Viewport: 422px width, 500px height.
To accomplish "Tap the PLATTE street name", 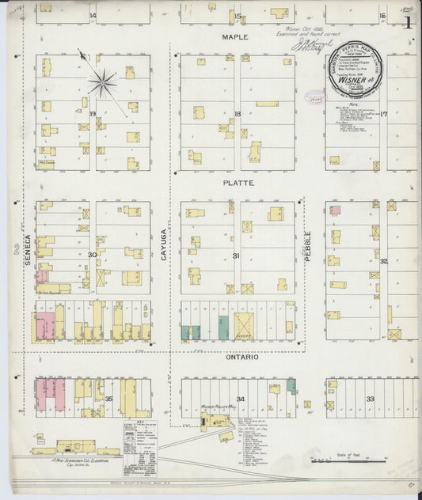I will point(238,183).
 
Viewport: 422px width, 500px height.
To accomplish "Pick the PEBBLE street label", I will point(309,245).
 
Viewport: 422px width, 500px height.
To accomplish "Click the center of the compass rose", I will point(102,81).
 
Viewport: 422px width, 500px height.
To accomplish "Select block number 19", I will point(93,115).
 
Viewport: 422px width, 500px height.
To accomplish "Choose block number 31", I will point(236,255).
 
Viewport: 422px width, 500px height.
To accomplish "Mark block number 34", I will point(241,399).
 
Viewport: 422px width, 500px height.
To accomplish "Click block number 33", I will point(371,399).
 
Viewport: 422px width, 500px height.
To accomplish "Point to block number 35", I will point(109,399).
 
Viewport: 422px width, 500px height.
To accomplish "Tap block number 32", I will point(383,260).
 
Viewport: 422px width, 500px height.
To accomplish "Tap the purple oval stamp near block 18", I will point(318,99).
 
